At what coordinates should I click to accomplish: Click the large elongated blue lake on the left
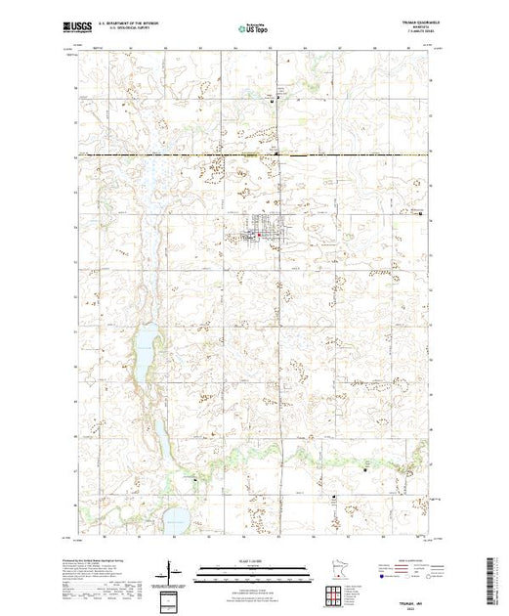point(144,347)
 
